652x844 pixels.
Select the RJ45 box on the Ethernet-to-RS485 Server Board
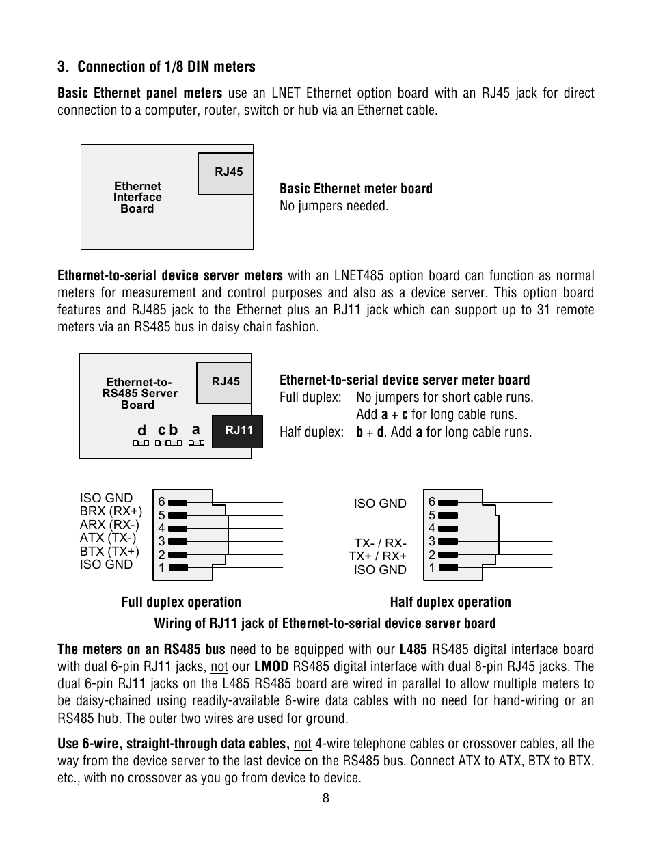click(x=225, y=382)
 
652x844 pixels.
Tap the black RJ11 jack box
click(x=239, y=431)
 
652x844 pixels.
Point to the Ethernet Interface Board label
click(x=137, y=198)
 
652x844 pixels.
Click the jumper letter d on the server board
click(x=141, y=431)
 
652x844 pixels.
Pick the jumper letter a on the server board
click(x=195, y=430)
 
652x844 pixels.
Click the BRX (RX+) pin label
click(x=111, y=511)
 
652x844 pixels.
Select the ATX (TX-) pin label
click(x=109, y=538)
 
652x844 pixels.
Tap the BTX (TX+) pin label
click(x=109, y=552)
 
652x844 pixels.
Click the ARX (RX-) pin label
click(x=109, y=525)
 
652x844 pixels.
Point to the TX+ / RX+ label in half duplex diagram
click(x=377, y=556)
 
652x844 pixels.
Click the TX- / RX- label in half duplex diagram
click(x=380, y=543)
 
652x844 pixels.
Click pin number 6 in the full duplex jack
click(x=162, y=502)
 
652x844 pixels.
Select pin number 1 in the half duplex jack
click(x=432, y=568)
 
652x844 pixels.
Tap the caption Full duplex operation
click(x=181, y=602)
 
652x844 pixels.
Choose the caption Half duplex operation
click(x=450, y=602)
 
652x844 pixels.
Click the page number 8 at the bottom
click(x=326, y=798)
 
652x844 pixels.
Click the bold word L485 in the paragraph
click(x=413, y=649)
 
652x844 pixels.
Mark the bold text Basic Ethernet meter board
click(x=355, y=189)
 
